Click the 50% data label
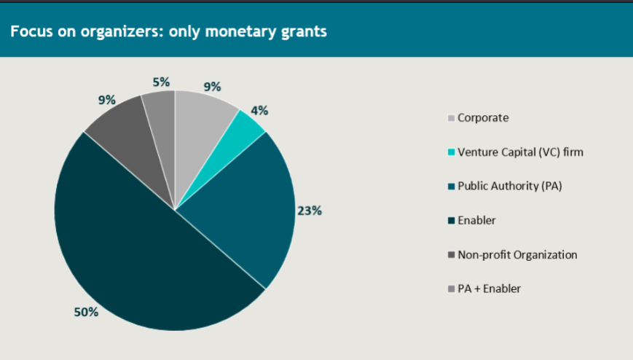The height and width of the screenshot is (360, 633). (x=86, y=312)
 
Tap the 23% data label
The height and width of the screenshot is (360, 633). (x=309, y=211)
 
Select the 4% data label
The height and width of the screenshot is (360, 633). (x=259, y=111)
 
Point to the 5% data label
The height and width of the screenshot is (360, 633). (x=161, y=82)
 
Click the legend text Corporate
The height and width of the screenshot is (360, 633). (x=483, y=117)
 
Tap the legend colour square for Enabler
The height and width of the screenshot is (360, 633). (x=451, y=221)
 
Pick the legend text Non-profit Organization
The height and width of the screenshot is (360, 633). (x=517, y=254)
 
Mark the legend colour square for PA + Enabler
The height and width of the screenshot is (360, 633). (x=451, y=289)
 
